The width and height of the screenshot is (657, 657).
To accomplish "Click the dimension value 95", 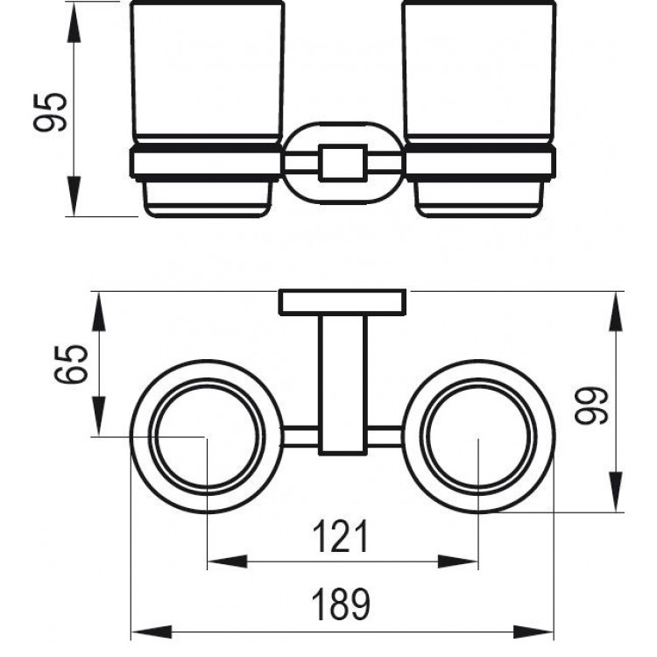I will pyautogui.click(x=52, y=110).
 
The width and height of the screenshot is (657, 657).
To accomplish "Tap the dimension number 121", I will pyautogui.click(x=342, y=535).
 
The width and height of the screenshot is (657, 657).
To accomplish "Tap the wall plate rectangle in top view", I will pyautogui.click(x=343, y=301).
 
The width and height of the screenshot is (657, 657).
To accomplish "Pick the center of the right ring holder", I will pyautogui.click(x=478, y=435).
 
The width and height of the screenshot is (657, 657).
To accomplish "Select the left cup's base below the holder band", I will pyautogui.click(x=207, y=197).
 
